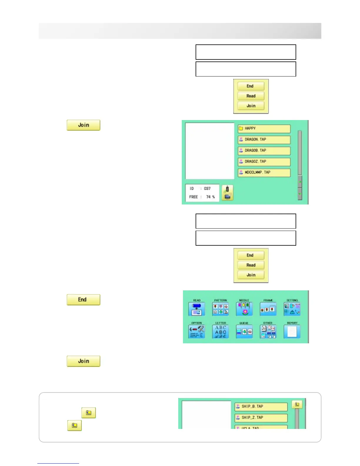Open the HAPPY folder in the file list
click(x=264, y=129)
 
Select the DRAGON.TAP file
click(x=264, y=140)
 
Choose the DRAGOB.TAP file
click(x=264, y=151)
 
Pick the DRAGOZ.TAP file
click(x=264, y=162)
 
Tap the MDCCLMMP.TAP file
click(x=264, y=173)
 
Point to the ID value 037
click(x=207, y=189)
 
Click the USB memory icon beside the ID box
click(x=227, y=193)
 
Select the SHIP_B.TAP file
click(x=261, y=407)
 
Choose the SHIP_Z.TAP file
click(x=261, y=418)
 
